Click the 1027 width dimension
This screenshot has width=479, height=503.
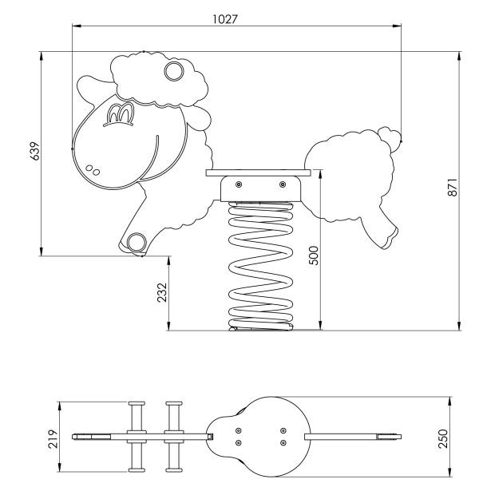(225, 19)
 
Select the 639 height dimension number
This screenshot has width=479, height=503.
(34, 151)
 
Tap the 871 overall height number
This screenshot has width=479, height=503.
(453, 187)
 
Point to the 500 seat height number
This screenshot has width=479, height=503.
(314, 255)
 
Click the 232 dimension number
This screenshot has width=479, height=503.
(162, 292)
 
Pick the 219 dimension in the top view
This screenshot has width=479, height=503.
(53, 438)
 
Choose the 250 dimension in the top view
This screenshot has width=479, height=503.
(442, 438)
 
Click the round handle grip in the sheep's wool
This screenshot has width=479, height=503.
(174, 71)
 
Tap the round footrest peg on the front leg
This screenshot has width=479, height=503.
(137, 242)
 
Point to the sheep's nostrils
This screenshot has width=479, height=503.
(93, 170)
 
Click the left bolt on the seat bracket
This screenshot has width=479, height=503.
(239, 184)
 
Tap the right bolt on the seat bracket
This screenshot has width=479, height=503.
(283, 184)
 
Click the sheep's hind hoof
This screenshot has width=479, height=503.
(390, 238)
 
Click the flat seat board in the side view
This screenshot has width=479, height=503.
(259, 173)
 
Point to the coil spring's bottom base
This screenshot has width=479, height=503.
(260, 327)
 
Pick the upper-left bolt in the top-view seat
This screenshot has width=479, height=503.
(239, 430)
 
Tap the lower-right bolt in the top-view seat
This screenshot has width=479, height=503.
(283, 443)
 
